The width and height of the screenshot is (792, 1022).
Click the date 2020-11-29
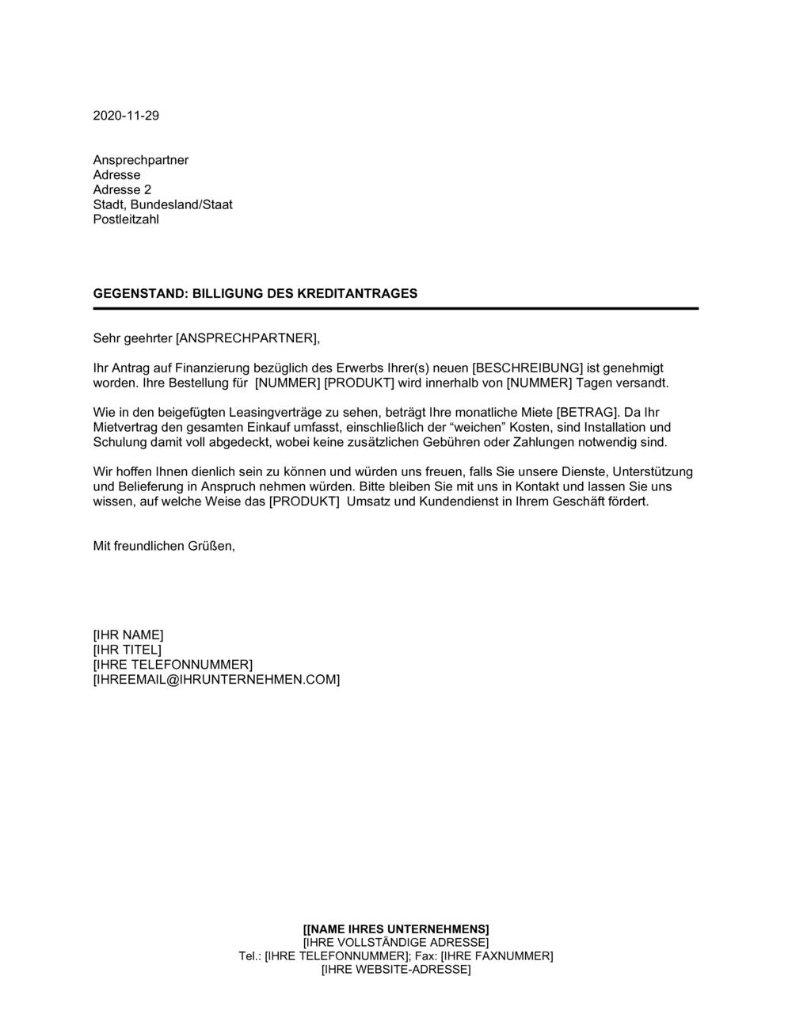126,116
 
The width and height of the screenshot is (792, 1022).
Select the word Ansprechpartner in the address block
141,160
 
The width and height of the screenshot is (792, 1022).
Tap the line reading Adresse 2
122,190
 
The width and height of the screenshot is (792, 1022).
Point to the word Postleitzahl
126,219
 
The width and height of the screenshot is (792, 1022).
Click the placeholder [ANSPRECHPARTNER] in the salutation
246,339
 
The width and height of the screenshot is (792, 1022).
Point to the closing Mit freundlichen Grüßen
164,547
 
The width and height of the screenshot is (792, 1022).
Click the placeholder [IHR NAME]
128,635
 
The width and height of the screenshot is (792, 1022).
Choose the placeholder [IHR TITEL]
127,650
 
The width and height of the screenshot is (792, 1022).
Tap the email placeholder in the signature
216,680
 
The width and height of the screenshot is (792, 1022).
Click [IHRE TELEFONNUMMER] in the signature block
173,665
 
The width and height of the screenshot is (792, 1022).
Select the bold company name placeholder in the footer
396,929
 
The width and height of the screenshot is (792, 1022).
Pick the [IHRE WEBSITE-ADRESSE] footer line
396,970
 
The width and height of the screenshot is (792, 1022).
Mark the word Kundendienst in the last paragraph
459,502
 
